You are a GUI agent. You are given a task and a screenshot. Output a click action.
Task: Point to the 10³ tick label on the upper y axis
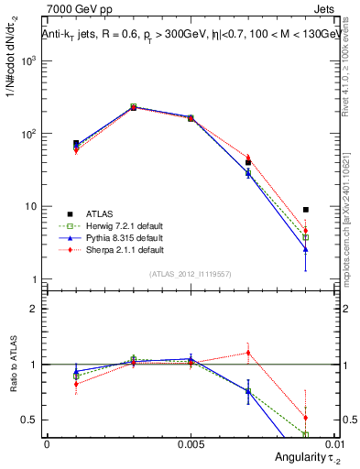click(x=30, y=60)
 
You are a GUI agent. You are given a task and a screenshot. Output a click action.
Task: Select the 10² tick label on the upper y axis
click(x=30, y=134)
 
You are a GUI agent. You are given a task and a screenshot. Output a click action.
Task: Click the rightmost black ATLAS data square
click(x=306, y=210)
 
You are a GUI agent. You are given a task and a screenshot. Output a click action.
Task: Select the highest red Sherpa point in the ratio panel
click(x=248, y=353)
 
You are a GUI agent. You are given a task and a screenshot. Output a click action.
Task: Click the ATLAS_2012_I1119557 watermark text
click(x=191, y=274)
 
